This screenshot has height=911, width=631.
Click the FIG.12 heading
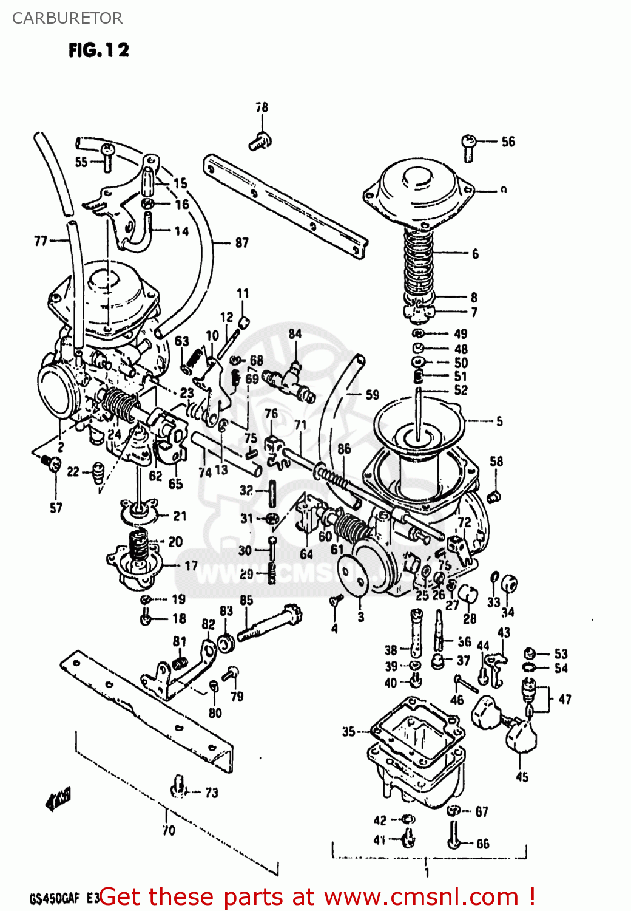coord(98,50)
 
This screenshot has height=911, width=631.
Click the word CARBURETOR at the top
coord(67,18)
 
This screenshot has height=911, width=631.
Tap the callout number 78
coord(262,107)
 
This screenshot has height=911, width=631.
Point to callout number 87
coord(241,242)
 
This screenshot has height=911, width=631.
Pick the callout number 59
coord(372,395)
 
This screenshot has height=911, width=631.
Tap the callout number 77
coord(40,241)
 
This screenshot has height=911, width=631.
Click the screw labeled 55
coord(107,157)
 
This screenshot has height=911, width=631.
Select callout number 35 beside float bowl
coord(348,731)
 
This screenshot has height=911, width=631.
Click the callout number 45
coord(522,777)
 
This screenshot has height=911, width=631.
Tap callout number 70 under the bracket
coord(169,830)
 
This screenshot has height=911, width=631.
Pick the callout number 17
coord(191,565)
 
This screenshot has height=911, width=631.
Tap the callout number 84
coord(295,333)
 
